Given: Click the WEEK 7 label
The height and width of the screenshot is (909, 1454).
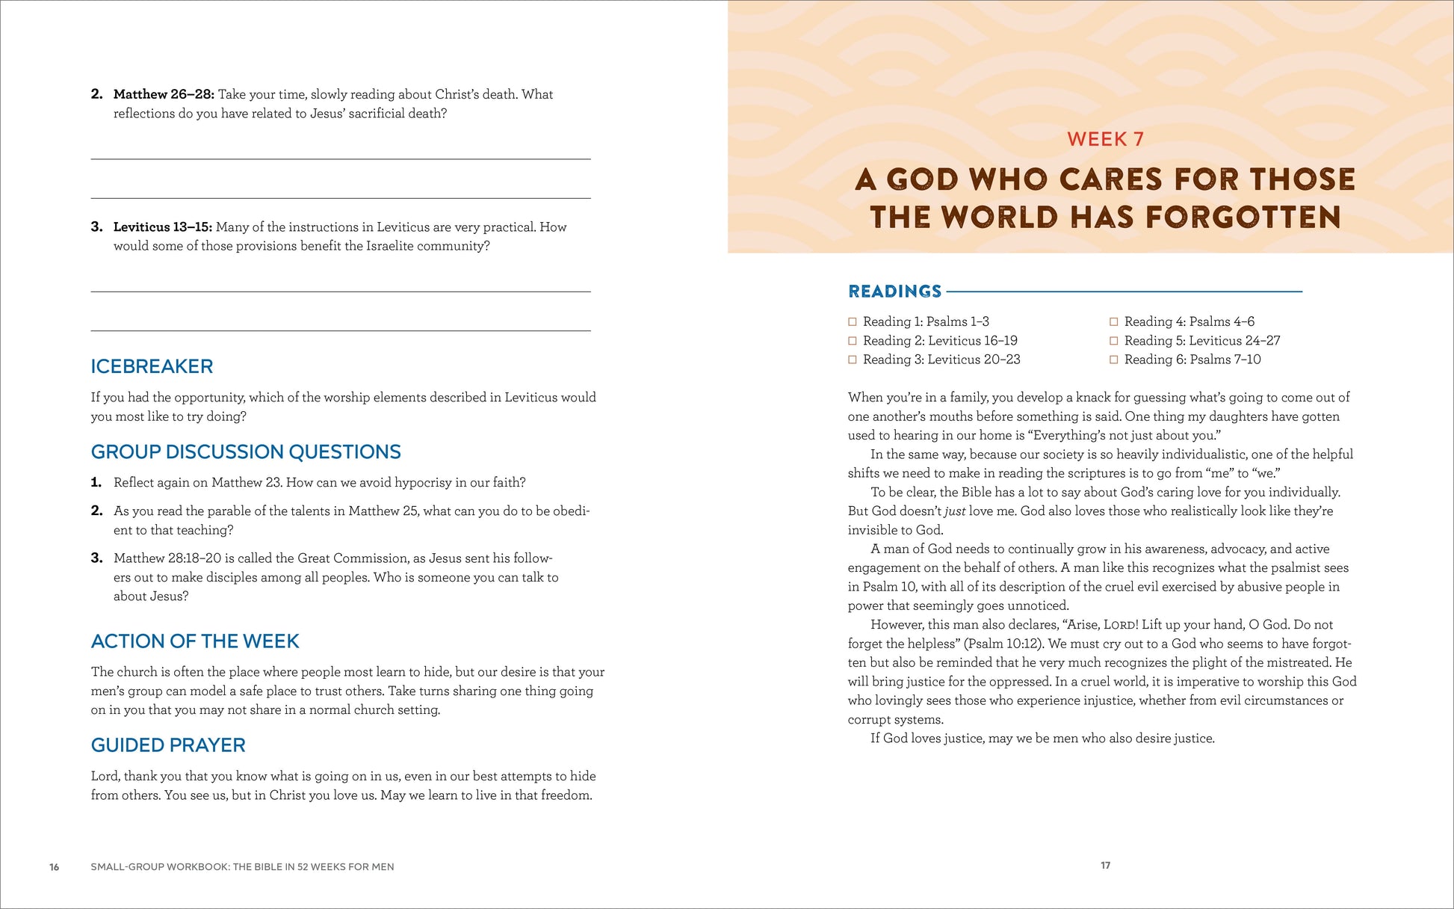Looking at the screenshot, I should pos(1105,139).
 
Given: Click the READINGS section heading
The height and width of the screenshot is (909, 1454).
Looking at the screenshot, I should pos(894,292).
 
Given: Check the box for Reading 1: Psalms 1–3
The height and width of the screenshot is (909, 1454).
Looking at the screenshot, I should pos(853,321).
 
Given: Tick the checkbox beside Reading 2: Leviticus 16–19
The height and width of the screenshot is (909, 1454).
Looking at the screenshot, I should pos(853,341).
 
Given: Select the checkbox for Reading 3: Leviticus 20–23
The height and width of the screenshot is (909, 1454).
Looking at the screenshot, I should pos(853,360).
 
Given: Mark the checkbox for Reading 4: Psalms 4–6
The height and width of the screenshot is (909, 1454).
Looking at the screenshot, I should pos(1114,321).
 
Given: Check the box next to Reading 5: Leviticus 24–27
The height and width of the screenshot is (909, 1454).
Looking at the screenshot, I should pos(1114,341).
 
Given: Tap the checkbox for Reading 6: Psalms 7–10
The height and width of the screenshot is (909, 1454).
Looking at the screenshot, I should pos(1114,360).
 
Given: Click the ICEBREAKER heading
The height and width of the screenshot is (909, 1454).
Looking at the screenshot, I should pos(152,366).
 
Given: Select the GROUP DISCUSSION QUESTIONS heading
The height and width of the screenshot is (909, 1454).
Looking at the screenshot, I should pos(246,452).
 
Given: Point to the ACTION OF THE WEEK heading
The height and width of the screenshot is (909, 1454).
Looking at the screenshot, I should pos(195,641).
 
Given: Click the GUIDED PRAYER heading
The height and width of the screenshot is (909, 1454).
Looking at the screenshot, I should pos(168,745).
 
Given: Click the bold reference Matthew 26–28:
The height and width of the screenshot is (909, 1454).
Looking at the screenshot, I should pos(164,94).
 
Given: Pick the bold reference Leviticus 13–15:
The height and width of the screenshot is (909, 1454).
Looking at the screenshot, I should pos(163,227).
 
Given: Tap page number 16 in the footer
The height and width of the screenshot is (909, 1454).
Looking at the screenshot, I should pos(55,867).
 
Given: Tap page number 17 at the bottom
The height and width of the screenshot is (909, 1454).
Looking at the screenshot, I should pos(1105,866).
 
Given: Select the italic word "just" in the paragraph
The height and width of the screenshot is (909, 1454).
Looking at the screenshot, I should pos(955,511).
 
